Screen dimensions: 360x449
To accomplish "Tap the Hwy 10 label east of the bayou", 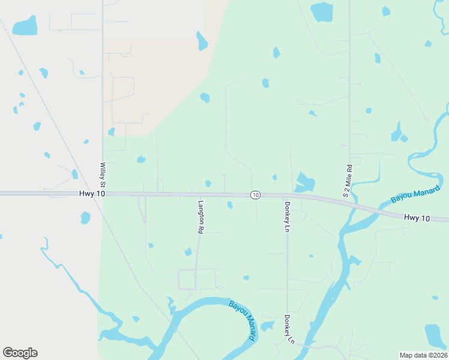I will point(417,218).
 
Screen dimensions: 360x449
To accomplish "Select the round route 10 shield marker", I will point(256,195).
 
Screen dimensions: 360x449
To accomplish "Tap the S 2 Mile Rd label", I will point(347,181).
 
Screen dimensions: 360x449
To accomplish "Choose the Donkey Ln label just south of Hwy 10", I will point(287,217).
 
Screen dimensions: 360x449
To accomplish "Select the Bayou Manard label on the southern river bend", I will point(243,321).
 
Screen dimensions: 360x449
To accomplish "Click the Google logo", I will point(20,353).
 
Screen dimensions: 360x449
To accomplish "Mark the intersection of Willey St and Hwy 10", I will point(103,193).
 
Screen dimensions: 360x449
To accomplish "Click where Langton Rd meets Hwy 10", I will point(198,194).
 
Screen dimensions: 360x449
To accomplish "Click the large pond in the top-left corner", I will point(25,26).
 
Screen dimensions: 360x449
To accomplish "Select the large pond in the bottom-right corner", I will point(435,336).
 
